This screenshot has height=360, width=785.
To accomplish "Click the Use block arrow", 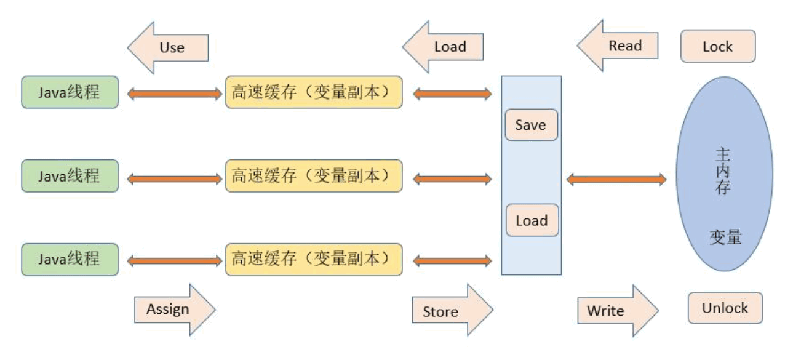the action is click(x=168, y=47).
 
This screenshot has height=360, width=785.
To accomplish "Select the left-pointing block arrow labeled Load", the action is click(x=443, y=47).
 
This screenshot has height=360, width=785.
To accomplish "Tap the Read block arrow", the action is click(x=618, y=46).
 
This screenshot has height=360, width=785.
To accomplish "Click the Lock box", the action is click(x=718, y=46).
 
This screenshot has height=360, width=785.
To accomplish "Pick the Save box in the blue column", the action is click(x=532, y=125).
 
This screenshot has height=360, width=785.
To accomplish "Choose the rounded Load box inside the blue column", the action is click(x=532, y=220).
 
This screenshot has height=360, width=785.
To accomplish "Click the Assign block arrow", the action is click(x=175, y=310).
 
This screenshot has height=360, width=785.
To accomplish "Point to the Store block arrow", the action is click(x=453, y=310).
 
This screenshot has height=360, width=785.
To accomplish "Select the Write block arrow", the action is click(x=618, y=311).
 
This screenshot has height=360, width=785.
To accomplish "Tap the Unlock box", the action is click(x=725, y=308).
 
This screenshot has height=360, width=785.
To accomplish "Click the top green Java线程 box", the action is click(x=70, y=92).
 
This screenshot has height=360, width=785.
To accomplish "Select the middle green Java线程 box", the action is click(x=70, y=175).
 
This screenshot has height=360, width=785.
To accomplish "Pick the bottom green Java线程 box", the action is click(x=70, y=260).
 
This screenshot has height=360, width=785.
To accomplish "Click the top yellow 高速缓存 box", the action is click(x=314, y=92).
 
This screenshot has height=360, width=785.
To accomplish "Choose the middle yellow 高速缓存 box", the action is click(x=314, y=175).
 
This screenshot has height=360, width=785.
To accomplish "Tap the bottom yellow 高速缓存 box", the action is click(x=314, y=260).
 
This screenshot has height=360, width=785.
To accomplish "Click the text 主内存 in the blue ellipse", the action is click(x=723, y=171).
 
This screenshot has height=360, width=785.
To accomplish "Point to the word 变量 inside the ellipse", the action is click(x=725, y=238).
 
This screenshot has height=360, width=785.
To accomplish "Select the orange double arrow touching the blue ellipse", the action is click(x=616, y=180).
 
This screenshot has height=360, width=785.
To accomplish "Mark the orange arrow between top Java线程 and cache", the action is click(x=175, y=94).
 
